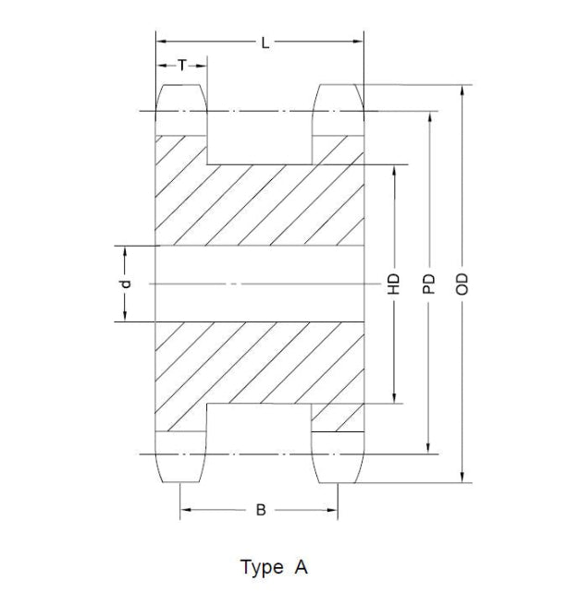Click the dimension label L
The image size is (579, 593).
click(265, 43)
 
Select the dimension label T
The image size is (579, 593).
click(182, 66)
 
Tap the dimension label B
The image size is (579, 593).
click(261, 510)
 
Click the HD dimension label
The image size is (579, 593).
click(394, 284)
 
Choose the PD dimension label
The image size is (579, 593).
click(429, 284)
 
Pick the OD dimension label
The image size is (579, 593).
click(462, 284)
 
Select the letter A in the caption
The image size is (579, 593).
click(302, 567)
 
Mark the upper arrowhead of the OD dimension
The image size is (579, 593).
click(462, 91)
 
